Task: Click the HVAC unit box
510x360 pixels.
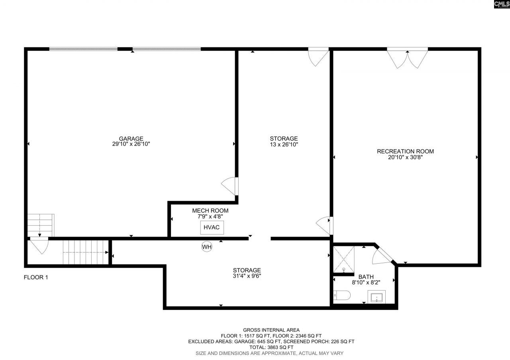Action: point(212,227)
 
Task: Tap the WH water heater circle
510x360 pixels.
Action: point(206,247)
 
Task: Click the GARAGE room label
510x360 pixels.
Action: point(131,139)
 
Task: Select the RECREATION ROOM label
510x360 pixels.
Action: point(405,151)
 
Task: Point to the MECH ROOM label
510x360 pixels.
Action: point(210,211)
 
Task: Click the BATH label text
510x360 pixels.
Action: point(366,276)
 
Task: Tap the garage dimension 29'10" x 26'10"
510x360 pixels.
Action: point(131,144)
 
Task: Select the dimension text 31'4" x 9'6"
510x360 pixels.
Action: point(247,276)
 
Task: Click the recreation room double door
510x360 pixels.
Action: point(407,58)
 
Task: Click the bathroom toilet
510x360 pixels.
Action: point(341,295)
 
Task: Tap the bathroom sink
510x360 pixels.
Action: point(376,297)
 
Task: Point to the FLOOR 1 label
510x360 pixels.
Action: point(36,277)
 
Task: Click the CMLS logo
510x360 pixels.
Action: point(501,4)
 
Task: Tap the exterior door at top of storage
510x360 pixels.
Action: point(319,56)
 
